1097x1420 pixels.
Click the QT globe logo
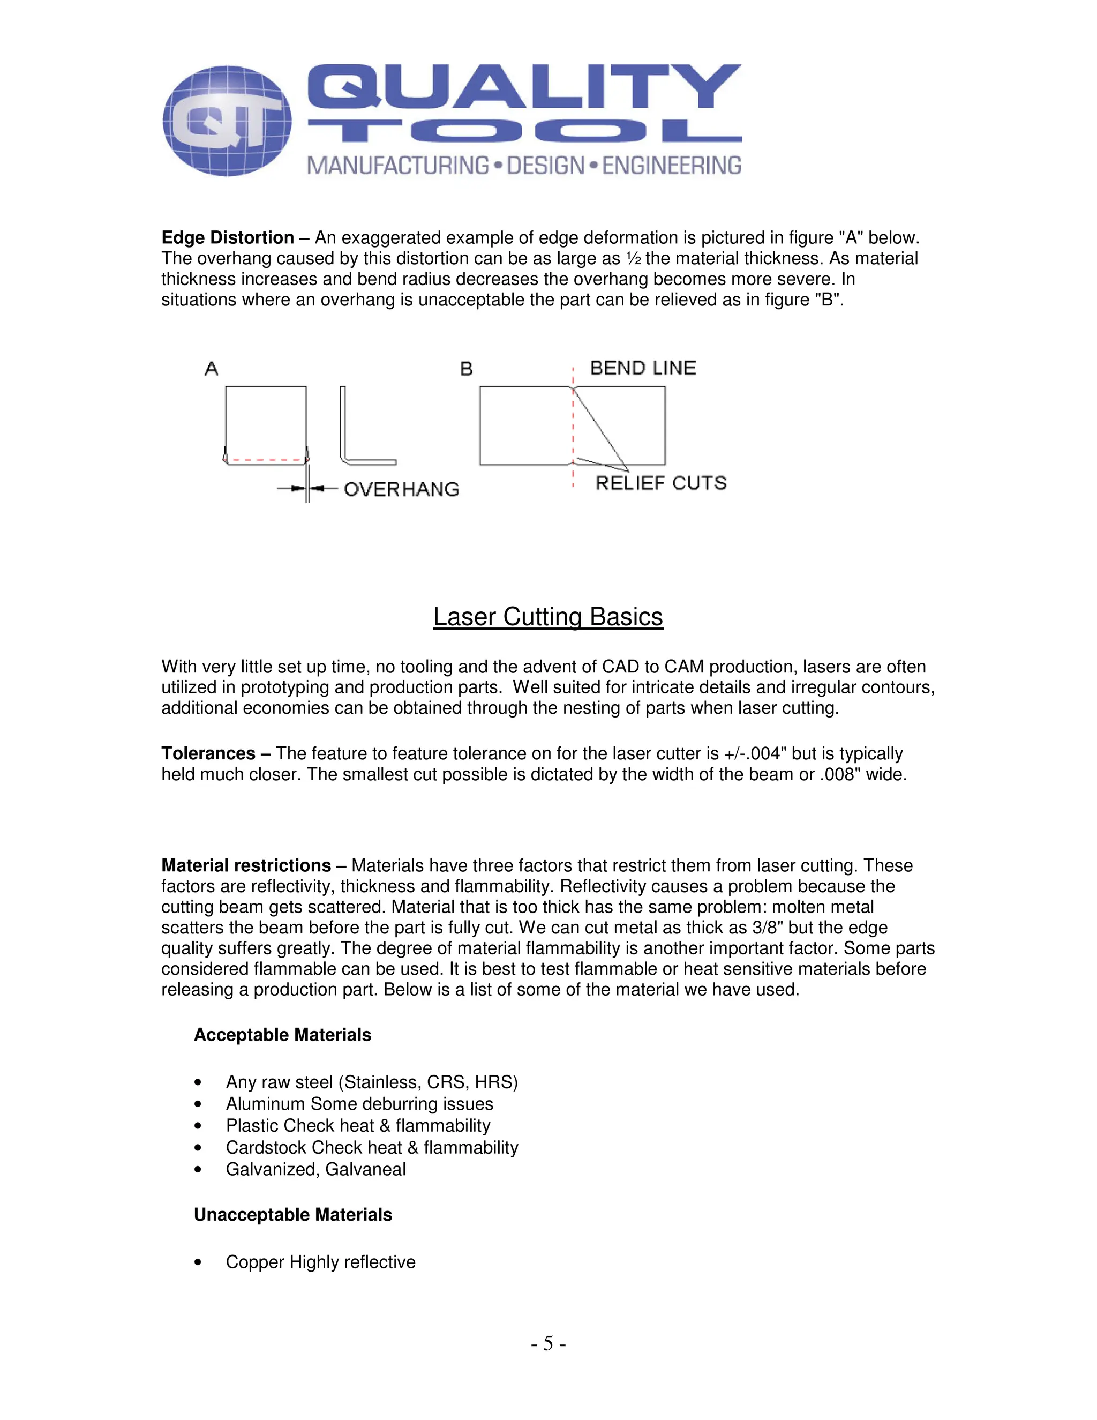click(227, 121)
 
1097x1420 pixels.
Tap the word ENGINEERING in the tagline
click(671, 166)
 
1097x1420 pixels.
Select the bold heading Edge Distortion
click(228, 237)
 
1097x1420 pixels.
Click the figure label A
click(211, 369)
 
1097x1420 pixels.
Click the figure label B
click(466, 369)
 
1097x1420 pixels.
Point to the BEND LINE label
click(642, 368)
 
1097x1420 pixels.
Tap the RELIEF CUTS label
click(660, 483)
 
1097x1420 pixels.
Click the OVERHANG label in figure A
click(401, 489)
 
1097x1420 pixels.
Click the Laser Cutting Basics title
click(548, 616)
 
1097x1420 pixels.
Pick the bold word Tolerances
click(208, 753)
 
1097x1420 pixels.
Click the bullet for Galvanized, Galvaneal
click(198, 1170)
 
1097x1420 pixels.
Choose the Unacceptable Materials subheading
click(292, 1215)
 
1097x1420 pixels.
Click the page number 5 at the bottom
click(548, 1343)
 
